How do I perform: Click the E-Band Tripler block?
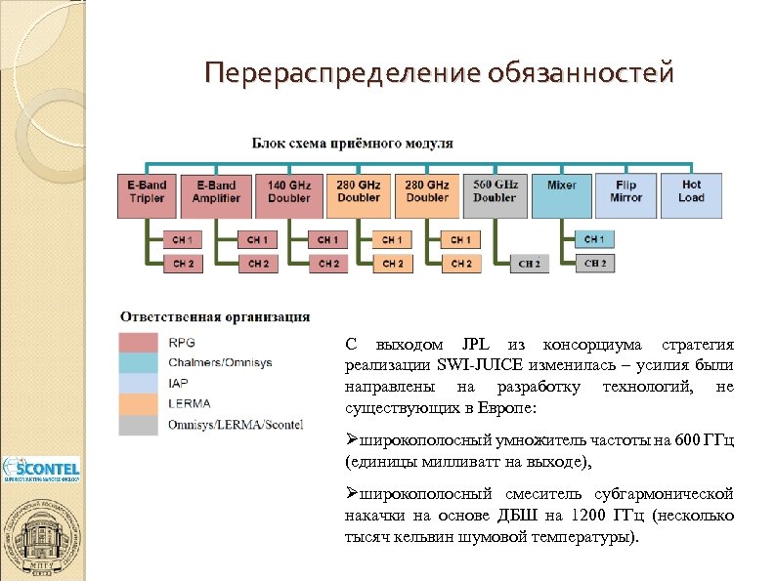point(148,191)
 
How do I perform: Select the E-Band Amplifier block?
point(216,191)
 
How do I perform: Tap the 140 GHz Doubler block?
point(288,191)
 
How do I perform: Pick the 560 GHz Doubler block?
point(495,191)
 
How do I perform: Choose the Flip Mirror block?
point(626,191)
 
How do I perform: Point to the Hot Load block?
point(691,191)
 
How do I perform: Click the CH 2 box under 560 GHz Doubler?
point(529,263)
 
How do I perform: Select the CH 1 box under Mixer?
point(594,239)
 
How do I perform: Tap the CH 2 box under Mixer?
point(594,263)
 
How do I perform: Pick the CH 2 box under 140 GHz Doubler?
point(327,263)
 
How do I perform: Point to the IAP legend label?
point(179,384)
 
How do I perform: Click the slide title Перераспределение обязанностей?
point(439,73)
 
